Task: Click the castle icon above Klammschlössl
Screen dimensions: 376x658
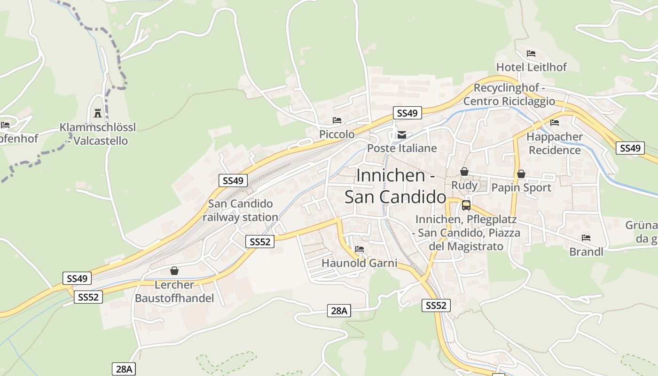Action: [x=98, y=113]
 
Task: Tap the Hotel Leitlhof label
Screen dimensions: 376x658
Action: [x=532, y=67]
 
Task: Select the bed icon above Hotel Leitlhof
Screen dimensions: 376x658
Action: [x=531, y=54]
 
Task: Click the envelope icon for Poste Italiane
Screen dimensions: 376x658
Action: [x=402, y=135]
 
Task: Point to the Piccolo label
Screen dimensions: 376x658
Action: [x=337, y=134]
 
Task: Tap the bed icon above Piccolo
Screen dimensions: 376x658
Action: [x=337, y=120]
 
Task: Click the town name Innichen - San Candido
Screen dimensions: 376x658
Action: [x=395, y=186]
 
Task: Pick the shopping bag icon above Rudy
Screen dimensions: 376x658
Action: [x=464, y=172]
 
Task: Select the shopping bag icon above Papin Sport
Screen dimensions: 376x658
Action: [x=521, y=174]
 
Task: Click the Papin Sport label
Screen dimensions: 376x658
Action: [x=521, y=188]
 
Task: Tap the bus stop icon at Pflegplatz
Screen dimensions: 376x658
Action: [x=466, y=205]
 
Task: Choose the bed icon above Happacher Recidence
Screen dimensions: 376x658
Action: [x=555, y=123]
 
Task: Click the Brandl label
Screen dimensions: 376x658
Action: [x=586, y=252]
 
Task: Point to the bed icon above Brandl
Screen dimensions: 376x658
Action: [x=586, y=238]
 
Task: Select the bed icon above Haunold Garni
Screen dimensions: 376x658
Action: [x=360, y=249]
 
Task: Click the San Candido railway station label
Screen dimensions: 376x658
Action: [x=240, y=211]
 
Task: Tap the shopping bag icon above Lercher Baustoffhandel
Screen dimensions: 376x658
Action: [x=174, y=271]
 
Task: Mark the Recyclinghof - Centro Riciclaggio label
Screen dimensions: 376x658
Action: [x=509, y=94]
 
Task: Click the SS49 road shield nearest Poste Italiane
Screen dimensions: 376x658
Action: [x=407, y=113]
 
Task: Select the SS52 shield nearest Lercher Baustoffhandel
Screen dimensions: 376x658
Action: [x=88, y=297]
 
